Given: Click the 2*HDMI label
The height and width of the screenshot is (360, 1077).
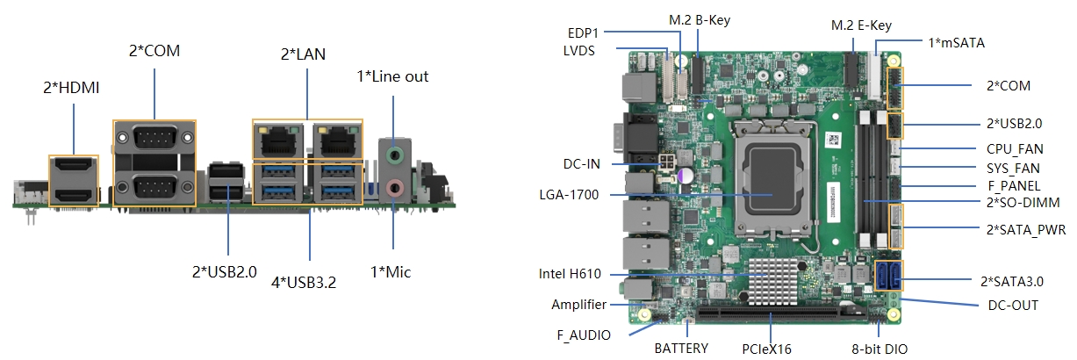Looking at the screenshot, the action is coord(71,88).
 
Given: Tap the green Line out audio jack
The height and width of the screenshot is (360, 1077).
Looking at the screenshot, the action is coord(395,155).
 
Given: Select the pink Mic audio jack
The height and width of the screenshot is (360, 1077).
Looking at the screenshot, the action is coord(395,188).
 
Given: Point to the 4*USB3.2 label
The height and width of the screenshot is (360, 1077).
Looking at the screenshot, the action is coord(304,282).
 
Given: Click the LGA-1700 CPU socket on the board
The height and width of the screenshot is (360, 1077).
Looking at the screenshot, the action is coord(772,178).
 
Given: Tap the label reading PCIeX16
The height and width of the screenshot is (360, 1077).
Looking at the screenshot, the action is coord(766,349).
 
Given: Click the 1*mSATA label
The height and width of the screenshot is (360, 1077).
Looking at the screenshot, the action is coord(957,43).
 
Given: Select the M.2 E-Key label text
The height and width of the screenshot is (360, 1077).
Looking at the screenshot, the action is coord(861,25).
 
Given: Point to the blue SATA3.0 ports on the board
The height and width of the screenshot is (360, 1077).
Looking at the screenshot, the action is coord(888,276).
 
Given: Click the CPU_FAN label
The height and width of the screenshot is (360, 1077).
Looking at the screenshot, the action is coord(1015,149).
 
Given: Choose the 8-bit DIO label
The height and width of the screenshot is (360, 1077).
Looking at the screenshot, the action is coord(880,349).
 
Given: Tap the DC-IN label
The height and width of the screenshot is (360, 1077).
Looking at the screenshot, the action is coord(581,164).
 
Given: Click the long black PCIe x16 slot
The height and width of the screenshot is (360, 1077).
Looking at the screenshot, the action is coord(781,315).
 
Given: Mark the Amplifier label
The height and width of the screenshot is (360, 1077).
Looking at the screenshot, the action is coord(579,305).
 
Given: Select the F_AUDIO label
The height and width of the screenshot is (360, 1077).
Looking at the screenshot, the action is coord(584,335).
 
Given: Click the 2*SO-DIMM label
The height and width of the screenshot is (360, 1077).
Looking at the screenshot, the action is coord(1023,203).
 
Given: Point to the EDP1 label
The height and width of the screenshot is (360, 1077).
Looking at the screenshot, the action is coord(583,33).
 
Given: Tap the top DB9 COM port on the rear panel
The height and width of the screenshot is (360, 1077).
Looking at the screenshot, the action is coord(154,138).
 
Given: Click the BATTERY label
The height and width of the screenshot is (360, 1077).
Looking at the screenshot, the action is coord(681,348).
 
